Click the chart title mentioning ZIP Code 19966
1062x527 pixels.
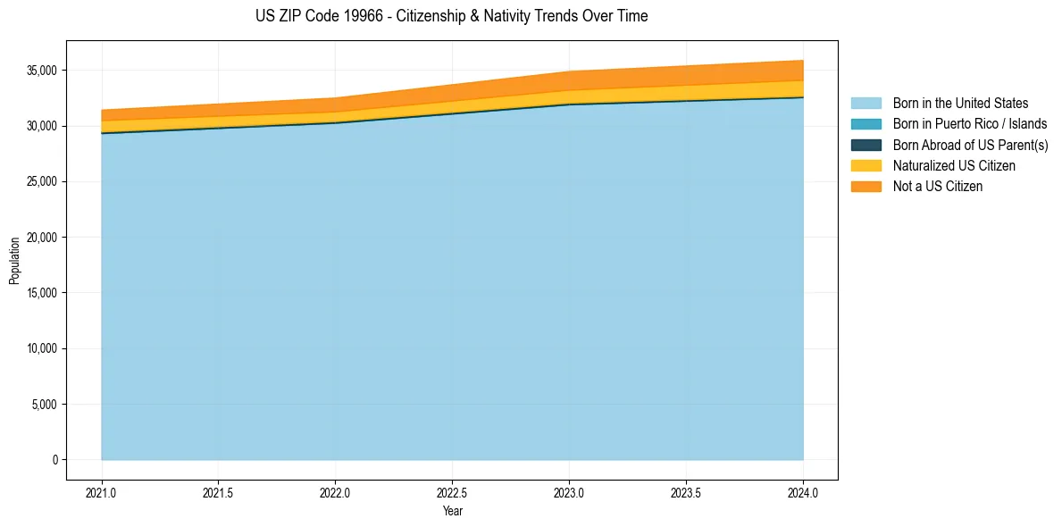451,16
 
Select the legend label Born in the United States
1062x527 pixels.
960,104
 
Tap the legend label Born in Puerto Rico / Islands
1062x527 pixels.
970,124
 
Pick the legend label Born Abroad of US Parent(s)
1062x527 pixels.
970,145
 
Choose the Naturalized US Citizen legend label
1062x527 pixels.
954,165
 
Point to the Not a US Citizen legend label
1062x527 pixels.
937,186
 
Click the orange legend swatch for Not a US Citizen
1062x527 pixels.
865,186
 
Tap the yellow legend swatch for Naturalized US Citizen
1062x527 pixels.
865,165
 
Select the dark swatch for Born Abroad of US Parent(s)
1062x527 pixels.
865,145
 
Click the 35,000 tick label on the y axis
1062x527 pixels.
42,71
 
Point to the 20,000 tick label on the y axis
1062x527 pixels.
42,238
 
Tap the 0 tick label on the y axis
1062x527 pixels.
54,460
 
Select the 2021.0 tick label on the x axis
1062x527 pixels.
102,492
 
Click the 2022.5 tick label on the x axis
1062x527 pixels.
452,492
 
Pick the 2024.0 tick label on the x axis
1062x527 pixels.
803,492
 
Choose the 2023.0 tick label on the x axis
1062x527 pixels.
569,492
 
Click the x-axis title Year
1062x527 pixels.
452,511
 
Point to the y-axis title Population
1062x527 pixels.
14,260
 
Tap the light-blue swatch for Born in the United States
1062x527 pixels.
865,104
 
